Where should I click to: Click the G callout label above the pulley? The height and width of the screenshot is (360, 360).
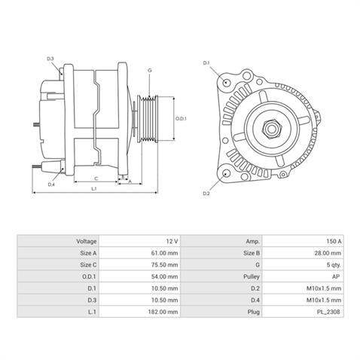150,70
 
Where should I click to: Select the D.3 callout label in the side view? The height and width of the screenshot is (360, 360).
50,59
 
